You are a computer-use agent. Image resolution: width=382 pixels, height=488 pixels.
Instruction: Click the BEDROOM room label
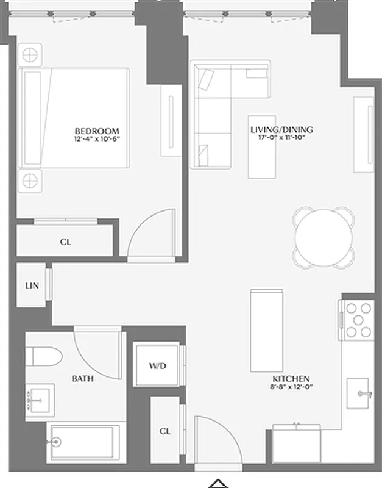[96, 131]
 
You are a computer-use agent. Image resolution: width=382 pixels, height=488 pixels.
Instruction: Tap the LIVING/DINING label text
[281, 130]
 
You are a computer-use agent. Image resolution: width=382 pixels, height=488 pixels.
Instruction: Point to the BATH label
[82, 379]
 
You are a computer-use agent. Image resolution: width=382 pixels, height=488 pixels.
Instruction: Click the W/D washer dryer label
[157, 366]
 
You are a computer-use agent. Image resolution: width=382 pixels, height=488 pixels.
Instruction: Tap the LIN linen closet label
[32, 285]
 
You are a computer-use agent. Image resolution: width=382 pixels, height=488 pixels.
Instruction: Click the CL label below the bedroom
[66, 242]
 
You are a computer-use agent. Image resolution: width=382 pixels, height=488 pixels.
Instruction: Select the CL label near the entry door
[164, 431]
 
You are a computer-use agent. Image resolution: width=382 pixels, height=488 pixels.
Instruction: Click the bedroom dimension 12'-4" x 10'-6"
[96, 139]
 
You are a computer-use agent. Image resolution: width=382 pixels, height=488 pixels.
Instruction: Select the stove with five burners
[358, 320]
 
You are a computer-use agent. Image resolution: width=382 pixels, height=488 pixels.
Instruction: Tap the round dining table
[323, 238]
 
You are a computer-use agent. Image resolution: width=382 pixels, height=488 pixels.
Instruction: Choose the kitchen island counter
[267, 331]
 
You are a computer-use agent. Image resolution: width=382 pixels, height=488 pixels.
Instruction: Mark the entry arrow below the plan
[218, 483]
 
